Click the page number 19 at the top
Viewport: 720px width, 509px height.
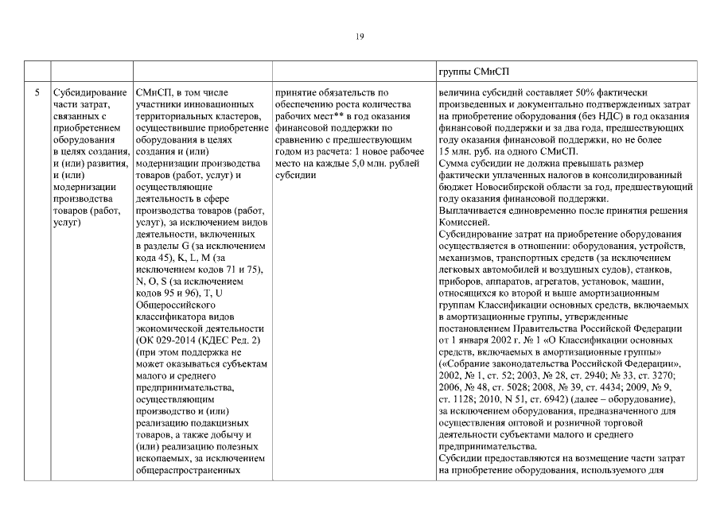[x=360, y=35]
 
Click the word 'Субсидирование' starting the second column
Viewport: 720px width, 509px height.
[x=85, y=93]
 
